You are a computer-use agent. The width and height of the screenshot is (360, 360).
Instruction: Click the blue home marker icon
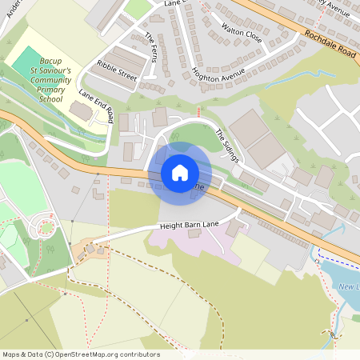point(179,172)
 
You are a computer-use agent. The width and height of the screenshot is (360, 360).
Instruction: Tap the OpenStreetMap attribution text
point(81,354)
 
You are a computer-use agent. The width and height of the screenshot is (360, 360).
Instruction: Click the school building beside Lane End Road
point(80,110)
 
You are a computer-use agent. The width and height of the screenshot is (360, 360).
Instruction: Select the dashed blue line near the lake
point(336,261)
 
